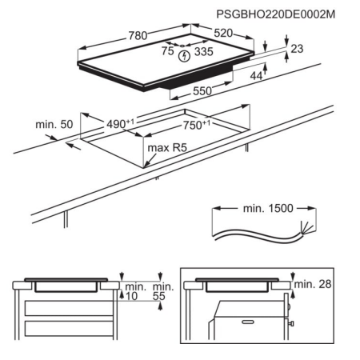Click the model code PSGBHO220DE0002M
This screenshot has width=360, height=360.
pyautogui.click(x=275, y=14)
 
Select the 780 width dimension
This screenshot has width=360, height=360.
pyautogui.click(x=138, y=36)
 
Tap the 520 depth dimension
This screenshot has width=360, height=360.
pyautogui.click(x=223, y=33)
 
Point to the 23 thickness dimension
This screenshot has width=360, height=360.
pyautogui.click(x=297, y=49)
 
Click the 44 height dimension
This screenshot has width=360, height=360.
pyautogui.click(x=256, y=76)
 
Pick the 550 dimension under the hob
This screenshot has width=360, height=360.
pyautogui.click(x=202, y=91)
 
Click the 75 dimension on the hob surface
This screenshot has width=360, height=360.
pyautogui.click(x=168, y=50)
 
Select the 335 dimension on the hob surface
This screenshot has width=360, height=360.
pyautogui.click(x=204, y=51)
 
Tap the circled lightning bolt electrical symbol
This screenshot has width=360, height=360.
pyautogui.click(x=184, y=57)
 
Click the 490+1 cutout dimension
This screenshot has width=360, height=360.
pyautogui.click(x=120, y=124)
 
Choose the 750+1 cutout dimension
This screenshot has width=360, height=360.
pyautogui.click(x=197, y=125)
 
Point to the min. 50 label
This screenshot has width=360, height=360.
pyautogui.click(x=54, y=124)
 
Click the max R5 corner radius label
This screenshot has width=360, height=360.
pyautogui.click(x=167, y=147)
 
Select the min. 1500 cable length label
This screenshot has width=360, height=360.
pyautogui.click(x=268, y=208)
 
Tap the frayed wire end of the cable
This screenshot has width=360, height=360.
pyautogui.click(x=306, y=228)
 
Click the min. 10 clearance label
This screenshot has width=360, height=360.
pyautogui.click(x=136, y=291)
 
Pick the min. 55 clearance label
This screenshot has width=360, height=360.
pyautogui.click(x=163, y=291)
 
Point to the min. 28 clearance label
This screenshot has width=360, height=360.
pyautogui.click(x=313, y=284)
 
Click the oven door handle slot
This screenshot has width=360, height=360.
pyautogui.click(x=248, y=322)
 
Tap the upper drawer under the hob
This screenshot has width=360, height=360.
pyautogui.click(x=69, y=308)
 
